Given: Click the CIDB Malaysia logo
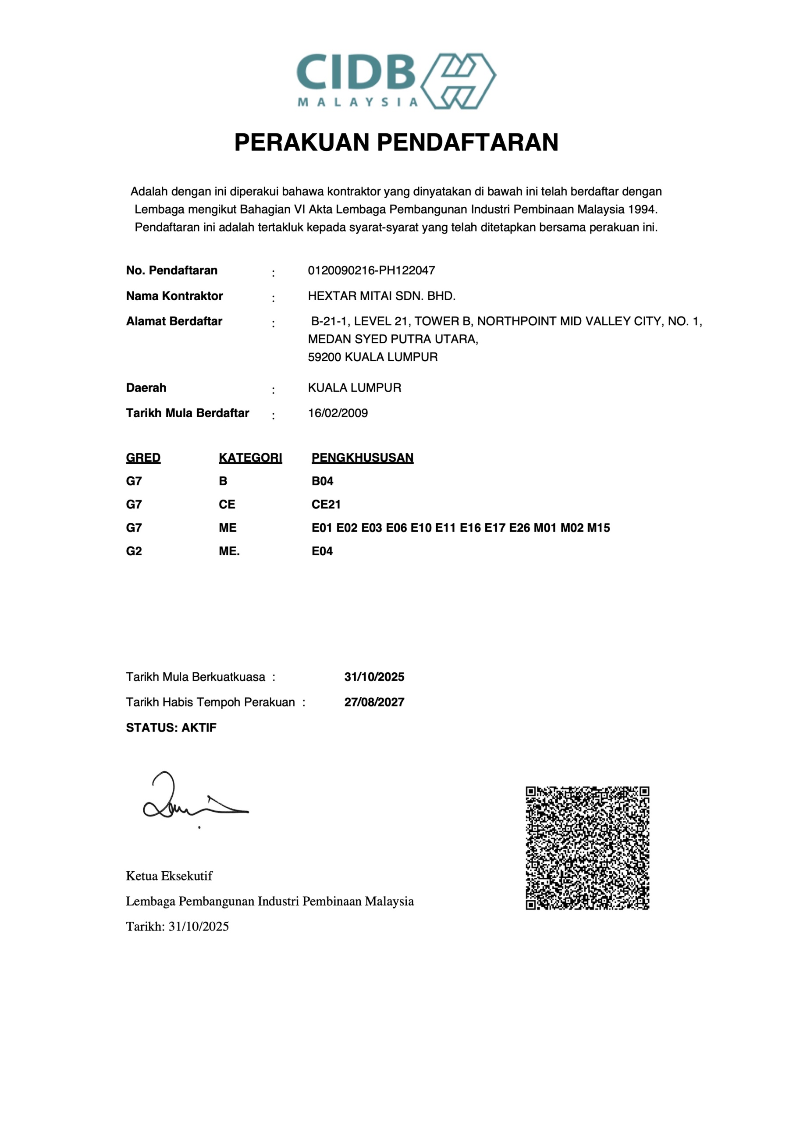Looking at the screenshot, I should (396, 81).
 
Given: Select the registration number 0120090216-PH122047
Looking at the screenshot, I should (371, 270).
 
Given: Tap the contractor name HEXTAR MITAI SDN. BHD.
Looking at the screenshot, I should (381, 296).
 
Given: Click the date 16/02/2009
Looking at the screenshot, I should (338, 413).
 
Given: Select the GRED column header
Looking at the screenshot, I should (143, 458).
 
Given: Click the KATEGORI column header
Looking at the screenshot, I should (250, 458).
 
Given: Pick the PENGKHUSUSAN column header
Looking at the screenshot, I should (362, 458).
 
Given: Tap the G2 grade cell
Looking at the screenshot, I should (134, 551).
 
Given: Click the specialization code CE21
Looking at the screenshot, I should (326, 504).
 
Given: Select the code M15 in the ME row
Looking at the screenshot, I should (598, 528).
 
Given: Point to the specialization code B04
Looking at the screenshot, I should (322, 481).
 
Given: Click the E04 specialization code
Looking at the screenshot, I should (322, 551).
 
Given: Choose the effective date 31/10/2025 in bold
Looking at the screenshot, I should (374, 677).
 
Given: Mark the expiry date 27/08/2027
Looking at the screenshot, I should (374, 702).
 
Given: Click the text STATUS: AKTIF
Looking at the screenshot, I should (171, 728).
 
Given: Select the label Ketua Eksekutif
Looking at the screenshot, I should (169, 876).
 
